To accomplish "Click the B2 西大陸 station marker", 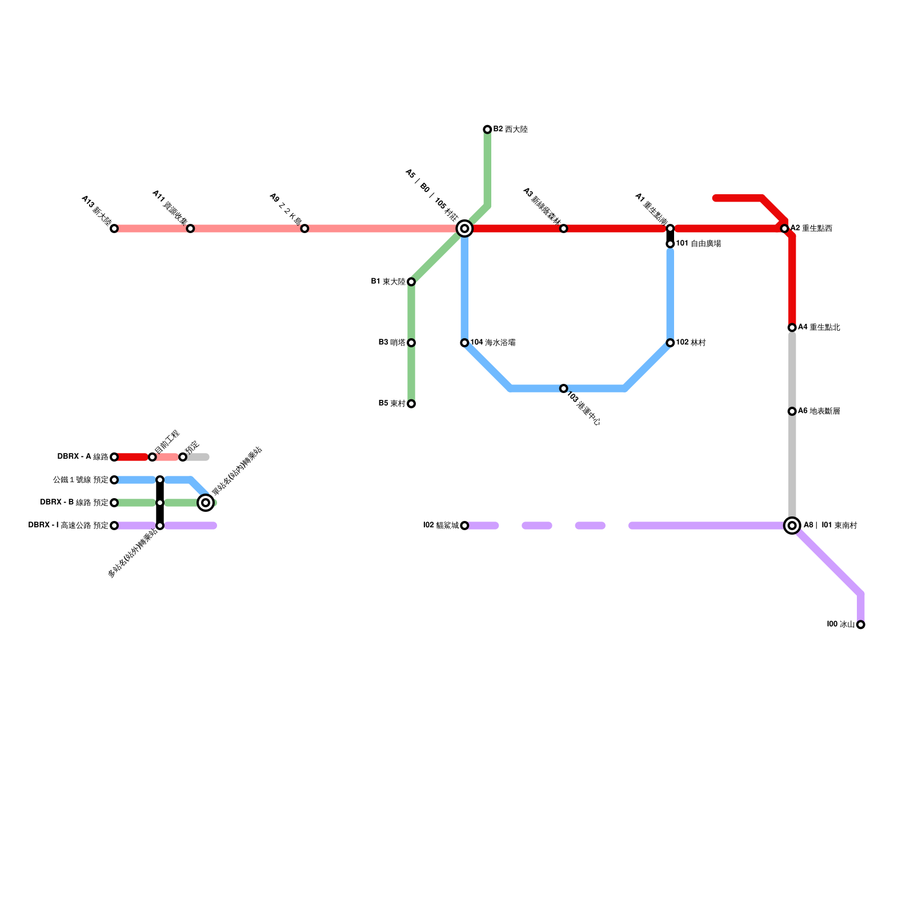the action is click(487, 130).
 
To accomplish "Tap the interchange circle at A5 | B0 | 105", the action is click(464, 228).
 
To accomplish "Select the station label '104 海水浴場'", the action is click(492, 343).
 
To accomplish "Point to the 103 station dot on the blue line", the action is click(563, 388).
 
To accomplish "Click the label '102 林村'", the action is click(691, 343).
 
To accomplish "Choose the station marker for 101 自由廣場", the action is click(670, 244).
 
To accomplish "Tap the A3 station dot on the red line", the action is click(563, 228).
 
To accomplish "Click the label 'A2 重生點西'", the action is click(811, 228).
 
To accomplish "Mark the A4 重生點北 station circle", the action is click(792, 327).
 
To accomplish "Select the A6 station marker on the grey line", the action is click(792, 411).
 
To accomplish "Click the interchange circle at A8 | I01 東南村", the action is click(792, 526).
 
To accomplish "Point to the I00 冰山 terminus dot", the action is click(860, 624).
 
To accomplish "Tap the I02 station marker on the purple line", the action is click(464, 526).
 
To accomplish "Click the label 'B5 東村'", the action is click(392, 404).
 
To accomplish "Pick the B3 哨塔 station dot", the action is click(411, 343).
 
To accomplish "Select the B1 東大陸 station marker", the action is click(411, 282).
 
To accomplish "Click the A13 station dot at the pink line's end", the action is click(114, 228).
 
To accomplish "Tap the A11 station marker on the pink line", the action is click(190, 228).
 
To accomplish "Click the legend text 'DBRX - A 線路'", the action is click(83, 457).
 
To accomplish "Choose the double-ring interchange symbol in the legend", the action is click(206, 503).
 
